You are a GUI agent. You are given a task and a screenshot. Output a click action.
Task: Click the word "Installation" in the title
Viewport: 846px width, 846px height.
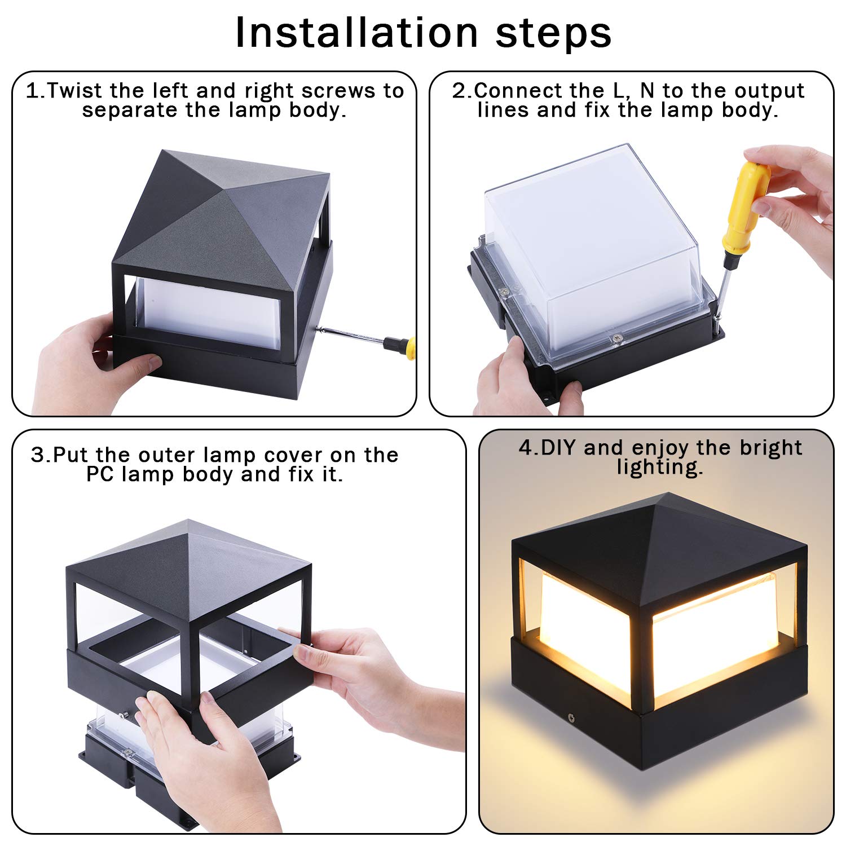pyautogui.click(x=356, y=32)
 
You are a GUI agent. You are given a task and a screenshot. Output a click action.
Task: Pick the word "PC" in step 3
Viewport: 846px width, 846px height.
pyautogui.click(x=101, y=474)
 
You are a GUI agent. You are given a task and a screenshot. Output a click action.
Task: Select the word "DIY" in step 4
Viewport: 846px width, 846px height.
pyautogui.click(x=559, y=448)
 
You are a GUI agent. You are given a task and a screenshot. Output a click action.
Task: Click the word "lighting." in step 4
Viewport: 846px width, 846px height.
pyautogui.click(x=660, y=467)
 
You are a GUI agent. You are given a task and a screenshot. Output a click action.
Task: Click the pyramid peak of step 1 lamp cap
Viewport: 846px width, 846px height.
pyautogui.click(x=163, y=151)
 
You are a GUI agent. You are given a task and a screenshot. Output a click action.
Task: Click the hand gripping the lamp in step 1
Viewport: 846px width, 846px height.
pyautogui.click(x=85, y=361)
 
